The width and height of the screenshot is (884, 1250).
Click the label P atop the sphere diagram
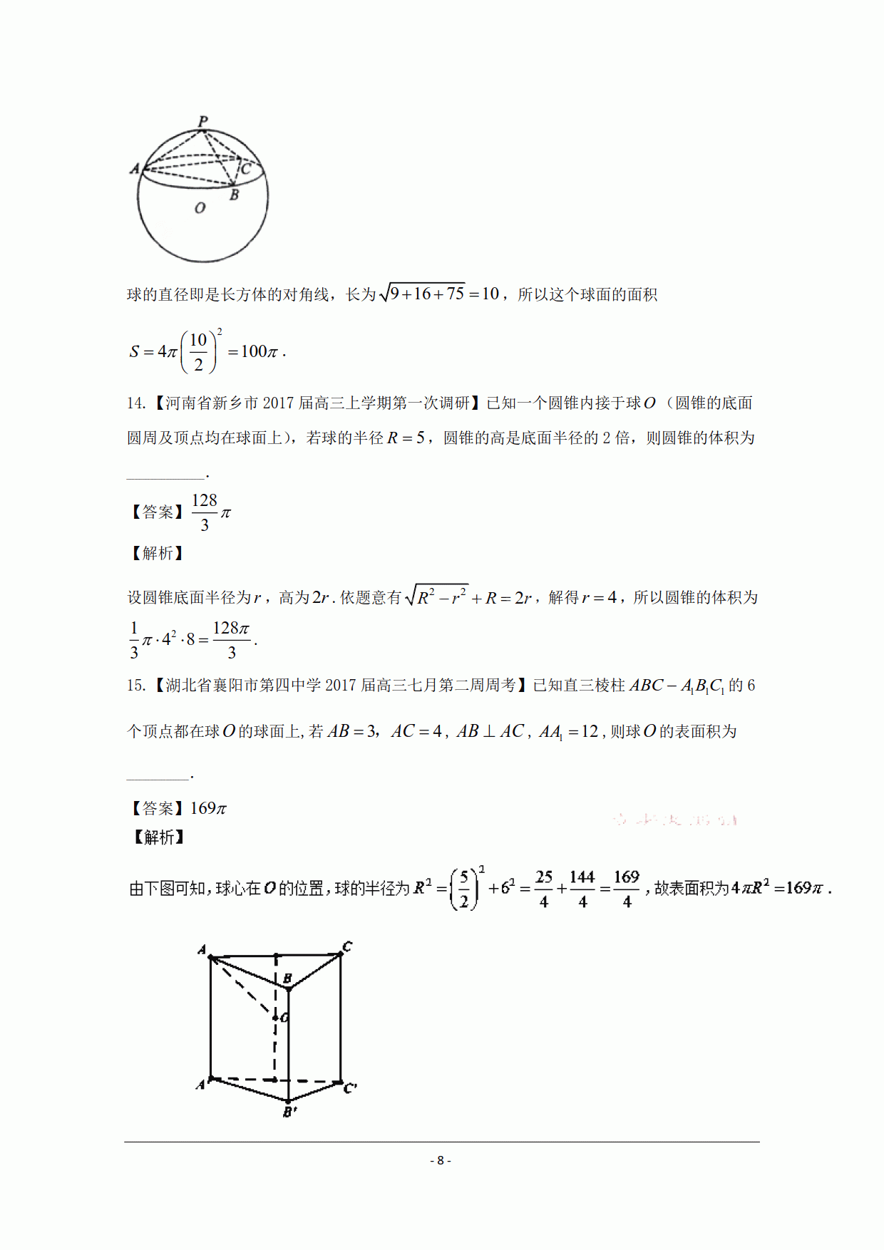(x=203, y=121)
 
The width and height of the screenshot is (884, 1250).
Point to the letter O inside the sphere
(x=200, y=208)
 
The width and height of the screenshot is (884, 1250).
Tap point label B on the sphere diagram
(x=234, y=195)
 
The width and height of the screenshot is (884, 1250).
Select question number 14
(x=135, y=403)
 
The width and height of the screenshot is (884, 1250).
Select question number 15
(x=135, y=686)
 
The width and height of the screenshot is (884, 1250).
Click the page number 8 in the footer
(x=441, y=1160)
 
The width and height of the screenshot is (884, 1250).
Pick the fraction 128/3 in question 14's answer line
(x=205, y=512)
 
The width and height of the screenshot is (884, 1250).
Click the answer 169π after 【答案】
(x=208, y=808)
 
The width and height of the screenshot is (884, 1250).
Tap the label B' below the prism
(x=289, y=1111)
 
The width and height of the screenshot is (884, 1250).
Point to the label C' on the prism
(x=350, y=1088)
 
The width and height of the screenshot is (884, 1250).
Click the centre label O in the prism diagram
(x=284, y=1018)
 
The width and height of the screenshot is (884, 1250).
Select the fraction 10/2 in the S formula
(x=198, y=352)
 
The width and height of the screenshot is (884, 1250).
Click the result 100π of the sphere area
(x=259, y=351)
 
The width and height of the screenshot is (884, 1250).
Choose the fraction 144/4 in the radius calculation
(x=582, y=889)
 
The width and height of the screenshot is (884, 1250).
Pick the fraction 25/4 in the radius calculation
(x=544, y=889)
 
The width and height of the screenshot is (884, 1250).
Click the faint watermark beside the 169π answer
(x=674, y=820)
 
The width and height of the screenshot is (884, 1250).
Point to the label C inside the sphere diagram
(x=246, y=169)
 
